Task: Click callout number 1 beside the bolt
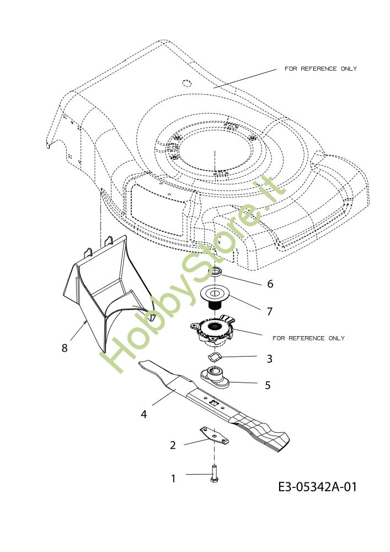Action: click(173, 479)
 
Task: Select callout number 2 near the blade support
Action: click(173, 445)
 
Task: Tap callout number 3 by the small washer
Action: click(269, 359)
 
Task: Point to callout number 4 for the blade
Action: click(144, 413)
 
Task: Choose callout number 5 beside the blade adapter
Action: click(268, 385)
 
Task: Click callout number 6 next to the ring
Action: click(270, 284)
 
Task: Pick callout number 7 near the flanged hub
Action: click(269, 311)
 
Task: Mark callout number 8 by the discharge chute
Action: click(65, 348)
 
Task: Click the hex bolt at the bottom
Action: click(213, 475)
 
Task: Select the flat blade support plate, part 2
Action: click(215, 436)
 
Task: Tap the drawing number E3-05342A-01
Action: click(317, 487)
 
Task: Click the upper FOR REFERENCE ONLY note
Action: click(320, 69)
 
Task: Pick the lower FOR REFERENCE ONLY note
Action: click(308, 338)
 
